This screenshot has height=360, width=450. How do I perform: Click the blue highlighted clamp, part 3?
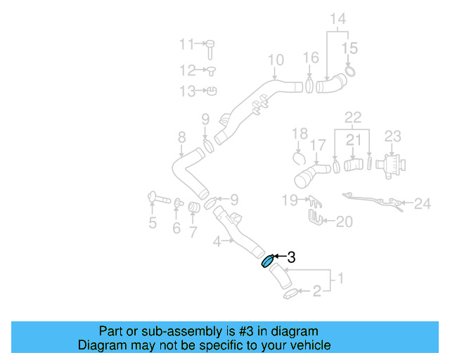[x=268, y=262]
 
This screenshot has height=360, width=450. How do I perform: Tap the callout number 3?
[x=290, y=258]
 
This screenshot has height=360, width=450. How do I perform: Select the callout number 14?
[x=338, y=20]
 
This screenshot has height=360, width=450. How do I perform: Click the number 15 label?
[x=349, y=49]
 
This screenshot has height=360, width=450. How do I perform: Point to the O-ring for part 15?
[x=350, y=71]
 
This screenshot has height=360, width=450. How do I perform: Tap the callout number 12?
[x=186, y=70]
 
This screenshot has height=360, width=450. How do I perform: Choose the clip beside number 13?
[x=212, y=91]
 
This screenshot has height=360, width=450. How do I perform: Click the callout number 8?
[x=181, y=137]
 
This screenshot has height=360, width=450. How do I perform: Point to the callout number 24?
[x=422, y=204]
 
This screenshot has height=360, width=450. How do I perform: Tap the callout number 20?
[x=343, y=222]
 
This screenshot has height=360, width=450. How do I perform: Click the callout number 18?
[x=300, y=133]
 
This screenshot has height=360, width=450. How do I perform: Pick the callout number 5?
[x=152, y=224]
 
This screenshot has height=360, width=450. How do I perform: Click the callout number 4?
[x=218, y=241]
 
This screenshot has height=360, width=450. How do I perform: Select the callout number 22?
[x=352, y=116]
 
